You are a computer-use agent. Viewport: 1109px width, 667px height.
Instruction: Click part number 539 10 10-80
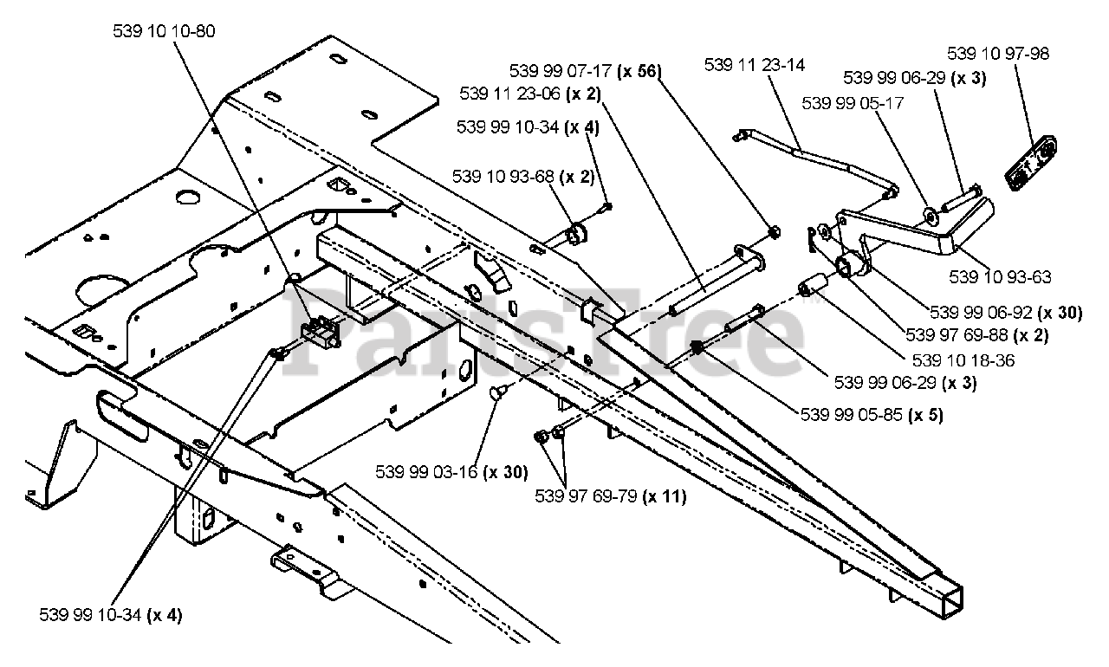tap(164, 32)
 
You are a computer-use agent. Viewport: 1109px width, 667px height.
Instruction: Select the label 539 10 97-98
tap(998, 54)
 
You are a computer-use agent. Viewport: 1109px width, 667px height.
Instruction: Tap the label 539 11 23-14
tap(755, 65)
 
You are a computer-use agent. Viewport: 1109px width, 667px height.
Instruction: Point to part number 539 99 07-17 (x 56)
tap(585, 71)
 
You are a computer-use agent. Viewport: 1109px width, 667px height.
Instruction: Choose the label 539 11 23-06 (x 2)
tap(529, 94)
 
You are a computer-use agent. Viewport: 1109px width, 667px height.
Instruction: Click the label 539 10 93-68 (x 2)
tap(522, 177)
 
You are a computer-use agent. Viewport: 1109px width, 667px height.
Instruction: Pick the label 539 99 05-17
tap(853, 103)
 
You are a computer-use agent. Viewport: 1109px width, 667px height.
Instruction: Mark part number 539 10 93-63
tap(1000, 277)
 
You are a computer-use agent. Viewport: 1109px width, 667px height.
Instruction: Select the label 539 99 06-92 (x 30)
tap(1006, 313)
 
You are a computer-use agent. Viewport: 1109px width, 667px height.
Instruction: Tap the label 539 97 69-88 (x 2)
tap(976, 335)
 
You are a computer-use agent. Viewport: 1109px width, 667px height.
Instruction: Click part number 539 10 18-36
tap(963, 360)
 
